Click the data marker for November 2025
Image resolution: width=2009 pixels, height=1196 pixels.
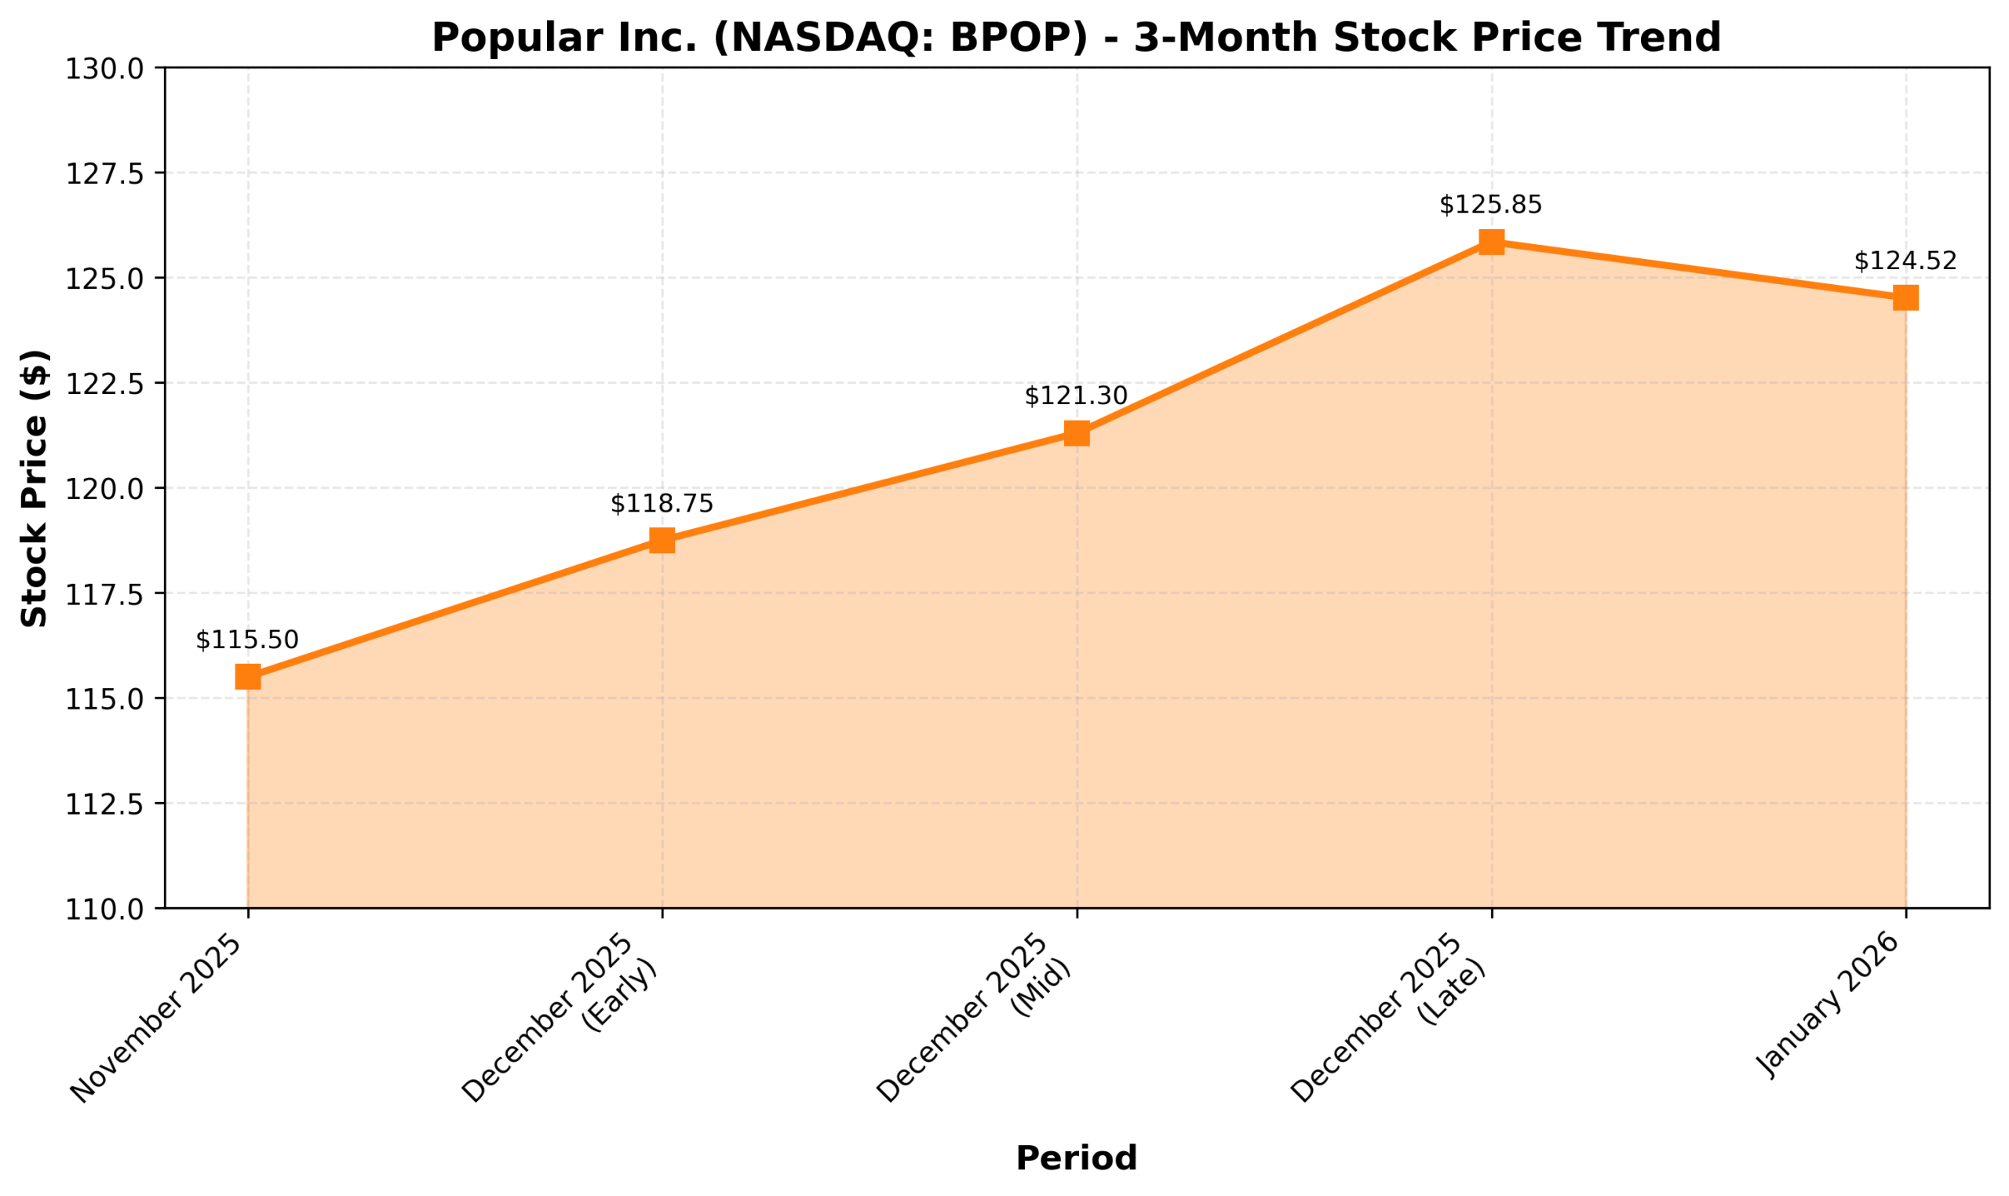pyautogui.click(x=247, y=676)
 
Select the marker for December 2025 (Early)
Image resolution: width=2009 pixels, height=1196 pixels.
pyautogui.click(x=662, y=540)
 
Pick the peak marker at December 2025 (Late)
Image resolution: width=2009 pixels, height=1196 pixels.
pyautogui.click(x=1491, y=242)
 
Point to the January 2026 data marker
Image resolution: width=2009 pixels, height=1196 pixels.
pyautogui.click(x=1905, y=297)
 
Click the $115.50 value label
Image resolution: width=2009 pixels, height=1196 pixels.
pyautogui.click(x=247, y=640)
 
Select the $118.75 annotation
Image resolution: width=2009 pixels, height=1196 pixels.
pyautogui.click(x=662, y=504)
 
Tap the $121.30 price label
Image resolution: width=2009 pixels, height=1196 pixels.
pyautogui.click(x=1077, y=396)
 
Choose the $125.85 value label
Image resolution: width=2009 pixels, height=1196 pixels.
pyautogui.click(x=1491, y=205)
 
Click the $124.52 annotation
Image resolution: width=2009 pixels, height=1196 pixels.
pyautogui.click(x=1905, y=261)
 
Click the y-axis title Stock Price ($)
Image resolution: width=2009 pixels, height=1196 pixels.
pyautogui.click(x=34, y=488)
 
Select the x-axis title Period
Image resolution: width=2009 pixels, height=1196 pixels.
pyautogui.click(x=1077, y=1158)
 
